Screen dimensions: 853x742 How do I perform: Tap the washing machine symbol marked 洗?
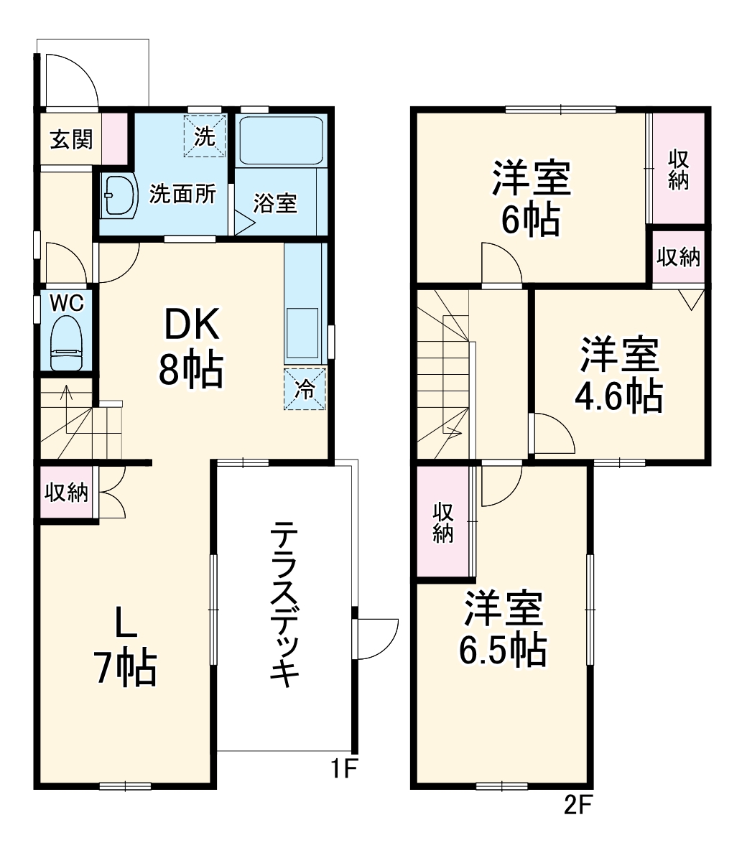coord(205,136)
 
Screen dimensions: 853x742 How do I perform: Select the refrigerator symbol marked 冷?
coord(305,388)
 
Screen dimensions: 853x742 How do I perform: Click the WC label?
coord(66,303)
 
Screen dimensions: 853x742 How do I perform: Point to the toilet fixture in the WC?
coord(67,343)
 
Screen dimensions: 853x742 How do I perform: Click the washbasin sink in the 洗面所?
coord(119,195)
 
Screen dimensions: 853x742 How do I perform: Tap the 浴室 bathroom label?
coord(274,203)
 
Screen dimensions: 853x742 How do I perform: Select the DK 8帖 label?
coord(191,348)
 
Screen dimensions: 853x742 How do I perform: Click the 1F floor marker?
coord(343,769)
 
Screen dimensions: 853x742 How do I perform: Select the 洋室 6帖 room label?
coord(531,199)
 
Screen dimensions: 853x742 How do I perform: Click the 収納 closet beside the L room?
coord(67,493)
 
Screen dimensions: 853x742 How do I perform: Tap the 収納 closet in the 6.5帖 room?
coord(443,521)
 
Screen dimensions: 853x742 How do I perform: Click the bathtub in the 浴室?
coord(281,140)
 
